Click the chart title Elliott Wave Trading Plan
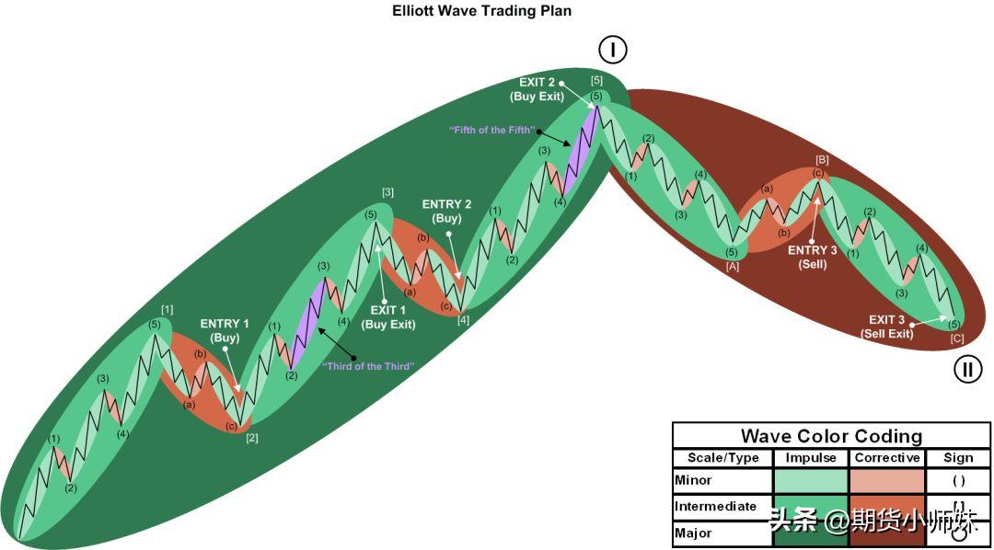(x=481, y=11)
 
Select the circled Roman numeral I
(x=612, y=50)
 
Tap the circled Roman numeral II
(x=966, y=370)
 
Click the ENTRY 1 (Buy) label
(x=225, y=330)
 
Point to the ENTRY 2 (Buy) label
(x=446, y=212)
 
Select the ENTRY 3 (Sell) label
(x=813, y=258)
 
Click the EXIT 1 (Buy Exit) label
(x=388, y=317)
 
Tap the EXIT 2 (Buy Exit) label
(x=537, y=89)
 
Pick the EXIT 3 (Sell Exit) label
(x=887, y=327)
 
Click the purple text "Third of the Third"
(x=367, y=367)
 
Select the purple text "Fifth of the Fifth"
(x=491, y=131)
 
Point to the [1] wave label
(x=167, y=309)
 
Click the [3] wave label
(x=387, y=192)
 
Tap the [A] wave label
(x=733, y=267)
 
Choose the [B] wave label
(x=822, y=160)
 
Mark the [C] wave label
(x=957, y=338)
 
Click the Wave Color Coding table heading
(x=831, y=436)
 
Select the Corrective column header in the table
(x=887, y=458)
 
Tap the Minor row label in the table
(x=694, y=480)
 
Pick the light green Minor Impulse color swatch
(x=811, y=480)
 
